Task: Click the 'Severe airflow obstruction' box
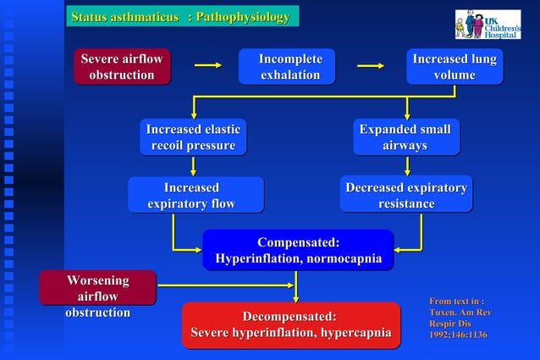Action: [x=122, y=67]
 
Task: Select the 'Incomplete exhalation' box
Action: [x=290, y=67]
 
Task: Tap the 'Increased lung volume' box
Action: [x=455, y=67]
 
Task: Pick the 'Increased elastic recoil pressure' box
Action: [x=193, y=137]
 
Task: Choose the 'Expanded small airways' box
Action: [x=405, y=137]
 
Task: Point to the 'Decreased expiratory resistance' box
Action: [x=406, y=195]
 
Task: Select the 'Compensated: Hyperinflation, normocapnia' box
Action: [x=298, y=250]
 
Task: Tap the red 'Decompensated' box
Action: [x=290, y=325]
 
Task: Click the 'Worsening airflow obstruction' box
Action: [x=98, y=288]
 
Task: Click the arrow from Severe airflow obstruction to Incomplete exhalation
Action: [x=207, y=64]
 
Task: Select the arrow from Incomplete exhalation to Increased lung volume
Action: [x=371, y=64]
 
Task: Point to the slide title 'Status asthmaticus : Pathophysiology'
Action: [x=180, y=17]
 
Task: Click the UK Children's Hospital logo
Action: [x=488, y=24]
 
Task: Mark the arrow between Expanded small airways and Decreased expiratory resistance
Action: [x=407, y=166]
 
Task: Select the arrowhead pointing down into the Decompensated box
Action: [x=296, y=297]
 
